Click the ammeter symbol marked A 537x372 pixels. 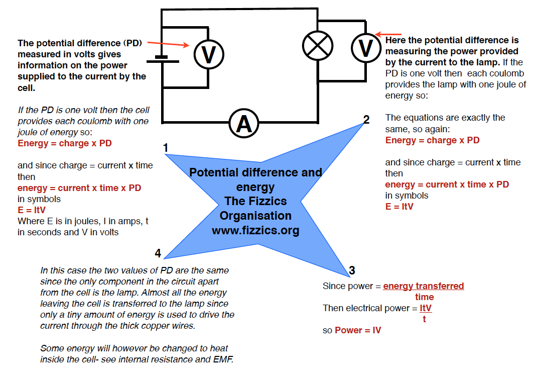tap(244, 124)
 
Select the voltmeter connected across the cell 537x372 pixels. tap(208, 54)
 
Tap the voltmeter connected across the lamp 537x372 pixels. tap(366, 48)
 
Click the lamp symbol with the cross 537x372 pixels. tap(318, 46)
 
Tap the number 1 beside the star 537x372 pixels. tap(166, 148)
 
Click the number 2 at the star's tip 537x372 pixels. tap(366, 120)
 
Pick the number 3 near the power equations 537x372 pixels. tap(352, 271)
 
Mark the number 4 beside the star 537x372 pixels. tap(158, 253)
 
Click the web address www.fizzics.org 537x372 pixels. tap(255, 231)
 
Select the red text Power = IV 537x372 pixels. tap(358, 330)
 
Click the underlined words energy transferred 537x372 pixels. tap(424, 286)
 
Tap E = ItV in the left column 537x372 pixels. tap(32, 210)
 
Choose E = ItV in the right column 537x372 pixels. tap(399, 207)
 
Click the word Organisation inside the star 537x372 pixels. tap(255, 216)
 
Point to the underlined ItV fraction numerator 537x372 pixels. tap(426, 308)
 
